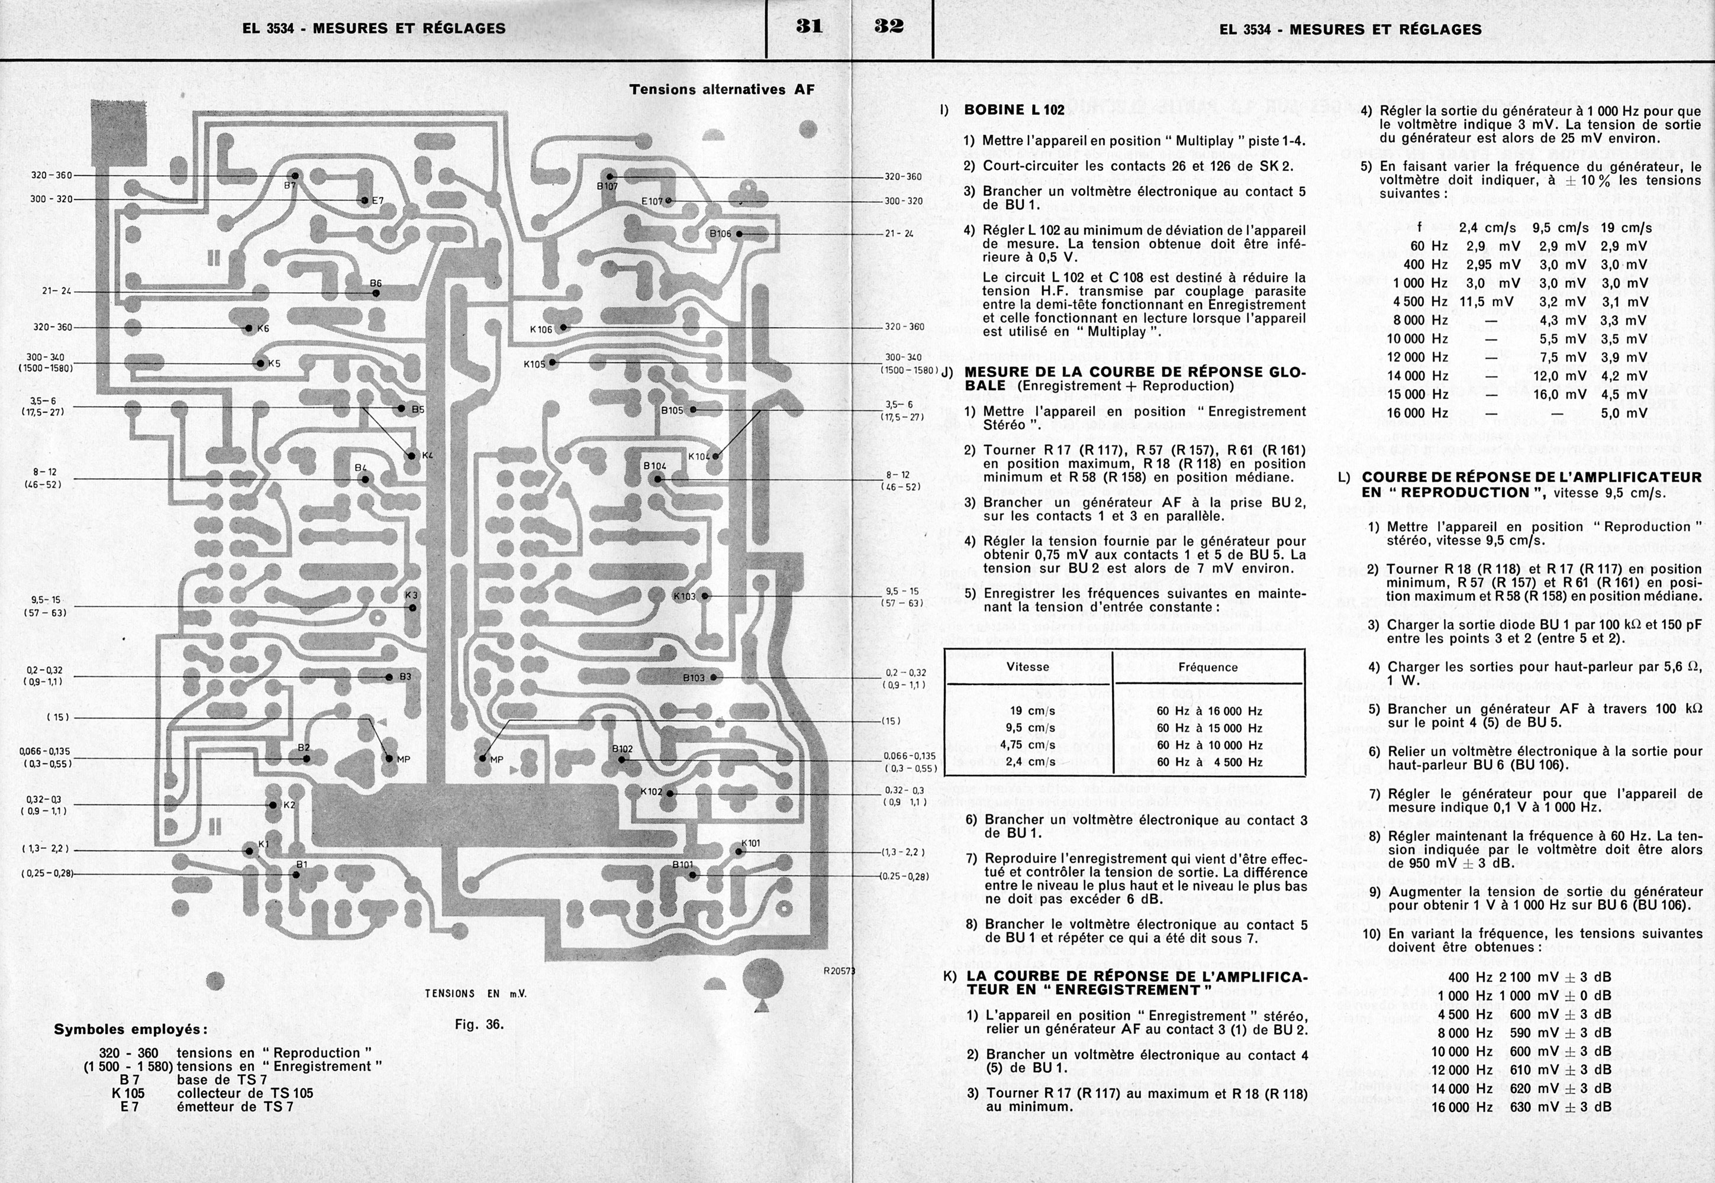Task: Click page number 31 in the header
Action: pyautogui.click(x=808, y=27)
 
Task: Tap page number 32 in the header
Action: pyautogui.click(x=889, y=27)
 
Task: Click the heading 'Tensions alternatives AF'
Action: pyautogui.click(x=721, y=90)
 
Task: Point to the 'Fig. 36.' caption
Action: pyautogui.click(x=479, y=1025)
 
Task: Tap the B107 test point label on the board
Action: pyautogui.click(x=607, y=187)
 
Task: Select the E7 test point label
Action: pyautogui.click(x=378, y=201)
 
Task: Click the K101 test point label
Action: pyautogui.click(x=750, y=843)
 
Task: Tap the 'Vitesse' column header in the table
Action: pyautogui.click(x=1028, y=667)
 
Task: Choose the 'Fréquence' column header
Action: pyautogui.click(x=1208, y=667)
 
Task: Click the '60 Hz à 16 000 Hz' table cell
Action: pyautogui.click(x=1208, y=711)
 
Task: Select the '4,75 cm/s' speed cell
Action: pyautogui.click(x=1028, y=745)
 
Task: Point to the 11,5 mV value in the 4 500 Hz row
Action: pyautogui.click(x=1487, y=302)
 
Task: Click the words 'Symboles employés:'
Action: pyautogui.click(x=131, y=1030)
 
